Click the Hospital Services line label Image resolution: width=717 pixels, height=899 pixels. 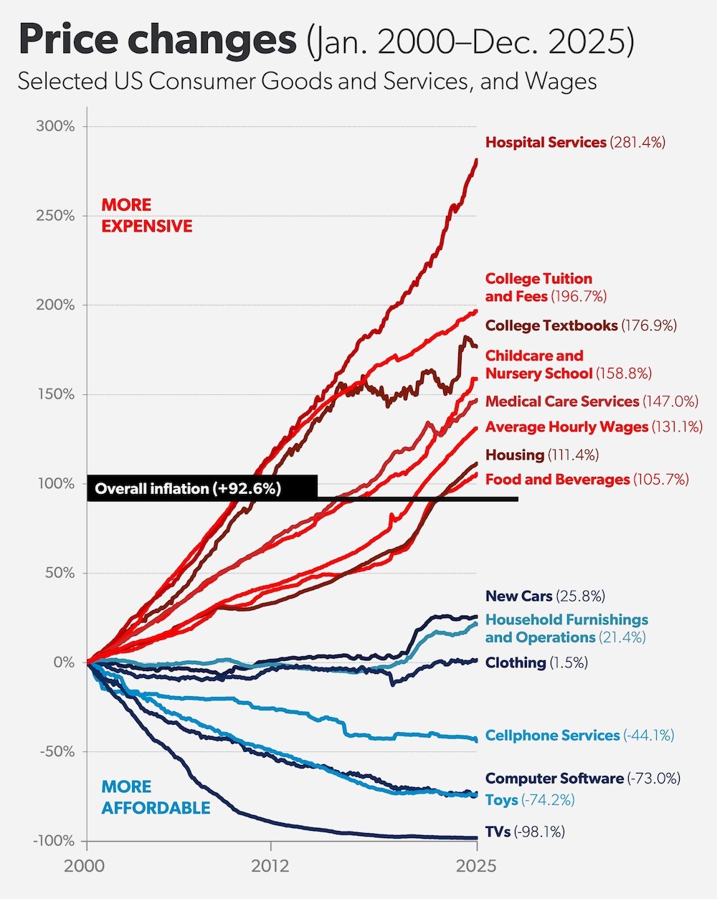pyautogui.click(x=575, y=143)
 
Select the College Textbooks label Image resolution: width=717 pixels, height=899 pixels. pyautogui.click(x=581, y=325)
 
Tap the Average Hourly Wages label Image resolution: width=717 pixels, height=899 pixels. pyautogui.click(x=594, y=427)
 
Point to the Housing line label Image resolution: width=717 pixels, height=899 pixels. pyautogui.click(x=542, y=455)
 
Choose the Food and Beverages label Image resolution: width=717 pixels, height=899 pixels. pyautogui.click(x=587, y=480)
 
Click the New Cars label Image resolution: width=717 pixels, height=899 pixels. pyautogui.click(x=545, y=596)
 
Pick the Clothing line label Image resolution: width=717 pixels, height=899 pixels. pyautogui.click(x=536, y=663)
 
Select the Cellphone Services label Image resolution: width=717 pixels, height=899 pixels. pyautogui.click(x=579, y=736)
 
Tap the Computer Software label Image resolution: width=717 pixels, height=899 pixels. pyautogui.click(x=582, y=779)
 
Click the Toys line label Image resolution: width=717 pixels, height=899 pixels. pyautogui.click(x=530, y=800)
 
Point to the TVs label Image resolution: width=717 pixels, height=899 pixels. pyautogui.click(x=525, y=832)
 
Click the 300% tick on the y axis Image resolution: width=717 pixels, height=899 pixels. pyautogui.click(x=55, y=126)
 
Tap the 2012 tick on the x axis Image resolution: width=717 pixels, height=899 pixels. pyautogui.click(x=270, y=866)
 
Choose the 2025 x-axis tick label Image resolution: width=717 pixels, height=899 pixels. pyautogui.click(x=476, y=866)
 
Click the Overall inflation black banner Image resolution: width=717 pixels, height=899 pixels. pyautogui.click(x=201, y=489)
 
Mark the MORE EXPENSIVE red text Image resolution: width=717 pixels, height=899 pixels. pyautogui.click(x=147, y=216)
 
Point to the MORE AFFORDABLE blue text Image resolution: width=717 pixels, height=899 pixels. pyautogui.click(x=156, y=797)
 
